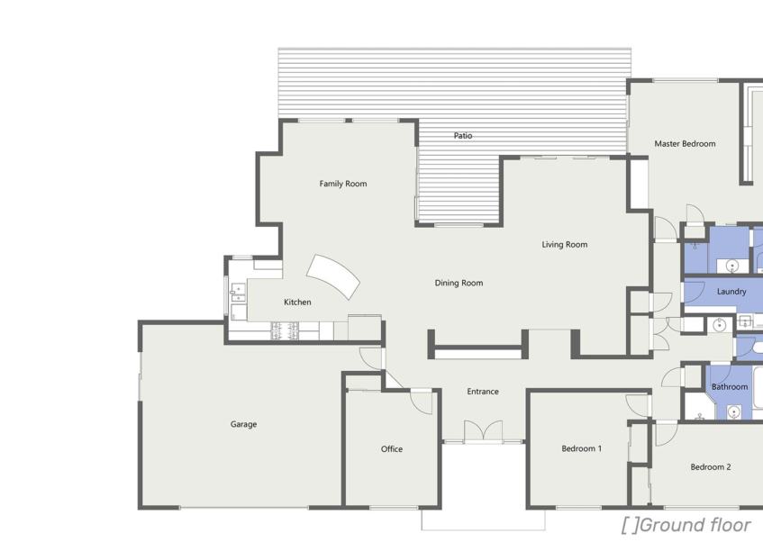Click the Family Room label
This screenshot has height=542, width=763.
coord(343,184)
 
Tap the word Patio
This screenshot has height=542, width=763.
coord(463,135)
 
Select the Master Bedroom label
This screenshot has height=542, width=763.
coord(685,143)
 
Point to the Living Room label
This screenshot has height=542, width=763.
coord(565,244)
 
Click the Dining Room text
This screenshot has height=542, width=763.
coord(459,283)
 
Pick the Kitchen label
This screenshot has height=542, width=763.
coord(297,303)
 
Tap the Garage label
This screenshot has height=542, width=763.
coord(243,424)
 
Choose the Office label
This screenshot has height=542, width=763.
coord(392,449)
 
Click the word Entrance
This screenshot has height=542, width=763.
coord(483,391)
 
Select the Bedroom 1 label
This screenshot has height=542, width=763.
coord(582,448)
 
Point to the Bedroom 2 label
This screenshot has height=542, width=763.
coord(711,467)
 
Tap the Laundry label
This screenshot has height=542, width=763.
coord(731,292)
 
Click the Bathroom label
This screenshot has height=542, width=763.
coord(730,387)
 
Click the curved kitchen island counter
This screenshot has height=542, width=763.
coord(334,276)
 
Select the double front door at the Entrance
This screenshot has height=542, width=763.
coord(483,431)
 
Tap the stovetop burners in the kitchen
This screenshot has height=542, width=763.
coord(285,330)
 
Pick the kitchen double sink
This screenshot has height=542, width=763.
coord(238,293)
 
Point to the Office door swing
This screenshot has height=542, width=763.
coord(422,402)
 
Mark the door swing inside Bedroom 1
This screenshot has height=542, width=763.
coord(639,406)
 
